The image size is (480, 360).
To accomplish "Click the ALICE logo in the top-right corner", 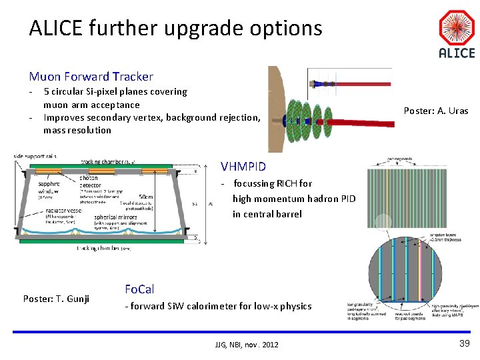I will pos(457,35).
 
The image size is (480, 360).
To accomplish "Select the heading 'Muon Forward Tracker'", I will pos(91,77).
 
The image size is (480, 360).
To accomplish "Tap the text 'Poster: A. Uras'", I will pos(436,111).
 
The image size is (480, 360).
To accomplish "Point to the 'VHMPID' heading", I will pos(243,166).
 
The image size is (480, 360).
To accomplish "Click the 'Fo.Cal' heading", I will pos(139,289).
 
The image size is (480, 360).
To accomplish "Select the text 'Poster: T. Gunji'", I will pos(56,298).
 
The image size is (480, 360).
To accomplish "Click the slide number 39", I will pos(464,343).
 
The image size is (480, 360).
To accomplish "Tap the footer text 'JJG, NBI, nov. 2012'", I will pos(246,344).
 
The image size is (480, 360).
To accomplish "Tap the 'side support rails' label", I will pos(35,157).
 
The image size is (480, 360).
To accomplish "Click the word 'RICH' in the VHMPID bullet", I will pos(288,183).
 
